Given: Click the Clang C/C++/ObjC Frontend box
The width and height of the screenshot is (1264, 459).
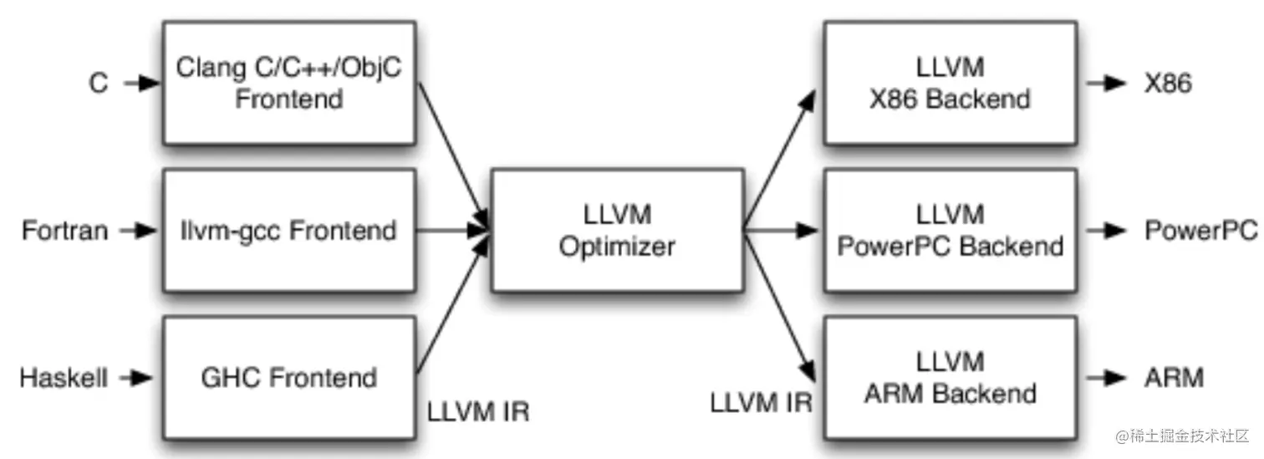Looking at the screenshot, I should click(x=289, y=83).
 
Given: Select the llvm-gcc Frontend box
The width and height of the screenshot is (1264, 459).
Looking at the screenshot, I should click(x=289, y=230).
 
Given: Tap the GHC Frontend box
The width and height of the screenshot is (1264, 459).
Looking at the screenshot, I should click(x=289, y=378).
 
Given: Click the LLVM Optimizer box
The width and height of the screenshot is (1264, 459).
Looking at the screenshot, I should click(x=617, y=230).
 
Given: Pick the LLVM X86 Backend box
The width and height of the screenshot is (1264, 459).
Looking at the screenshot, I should click(x=950, y=83).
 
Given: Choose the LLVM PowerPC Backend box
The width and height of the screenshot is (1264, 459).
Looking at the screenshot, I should click(x=950, y=230).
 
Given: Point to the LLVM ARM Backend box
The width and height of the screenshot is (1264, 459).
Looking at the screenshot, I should click(x=950, y=378).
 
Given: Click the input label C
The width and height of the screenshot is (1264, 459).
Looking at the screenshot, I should click(x=99, y=84).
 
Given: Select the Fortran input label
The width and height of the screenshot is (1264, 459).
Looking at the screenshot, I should click(x=65, y=230).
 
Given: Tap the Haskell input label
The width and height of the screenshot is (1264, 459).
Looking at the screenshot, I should click(x=64, y=378).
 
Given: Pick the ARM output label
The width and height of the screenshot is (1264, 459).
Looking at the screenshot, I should click(x=1174, y=378).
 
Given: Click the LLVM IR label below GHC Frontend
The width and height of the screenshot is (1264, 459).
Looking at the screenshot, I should click(x=478, y=412).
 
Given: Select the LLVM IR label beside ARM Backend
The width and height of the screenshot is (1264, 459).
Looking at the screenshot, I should click(x=761, y=402).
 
